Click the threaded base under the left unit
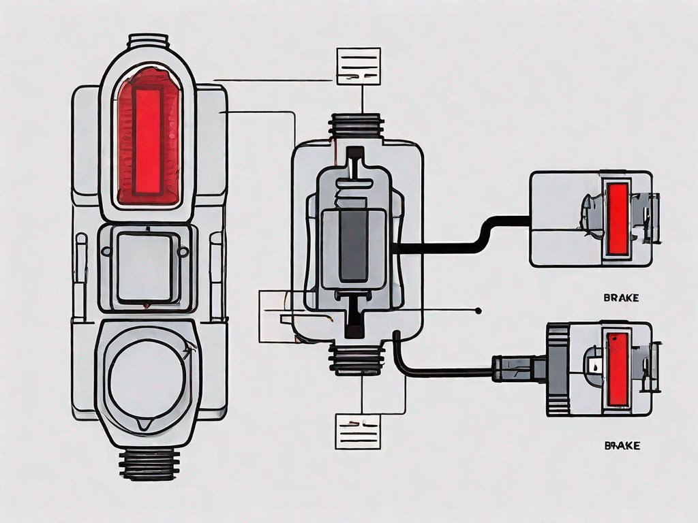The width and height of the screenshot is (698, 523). (x=147, y=464)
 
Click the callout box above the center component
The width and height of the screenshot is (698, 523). (x=358, y=66)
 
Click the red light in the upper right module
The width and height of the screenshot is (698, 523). (x=618, y=218)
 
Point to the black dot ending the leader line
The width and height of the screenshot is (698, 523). (x=479, y=311)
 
